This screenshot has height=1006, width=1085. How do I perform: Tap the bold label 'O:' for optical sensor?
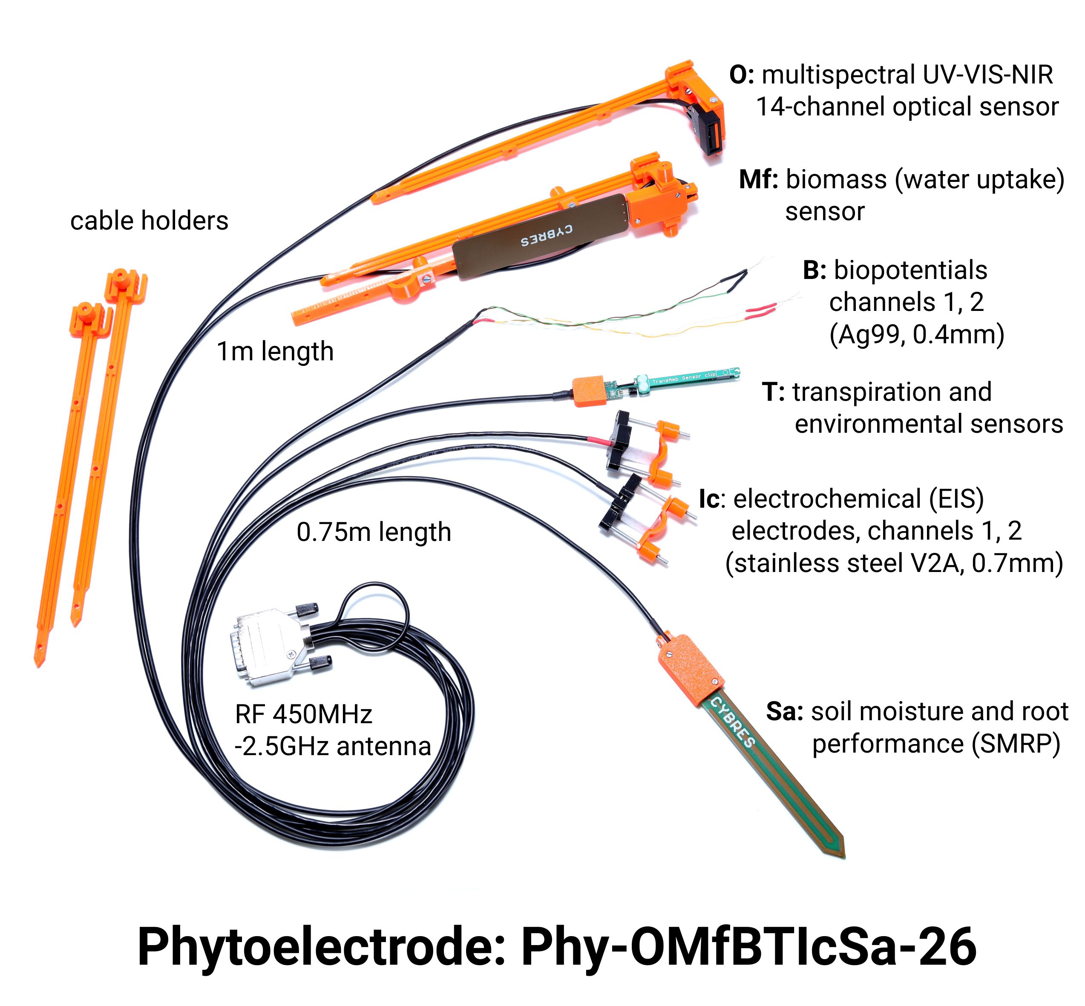point(742,75)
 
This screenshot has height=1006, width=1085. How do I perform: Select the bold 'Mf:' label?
point(758,179)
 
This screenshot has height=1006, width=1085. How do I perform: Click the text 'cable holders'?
point(149,221)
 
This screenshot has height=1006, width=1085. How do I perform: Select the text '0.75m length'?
point(374,532)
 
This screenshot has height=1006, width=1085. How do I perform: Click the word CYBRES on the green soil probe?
point(733,722)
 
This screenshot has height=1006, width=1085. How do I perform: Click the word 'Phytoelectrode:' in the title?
point(322,947)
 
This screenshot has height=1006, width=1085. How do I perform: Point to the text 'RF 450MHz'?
point(303,714)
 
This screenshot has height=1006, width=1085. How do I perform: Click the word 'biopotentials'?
point(910,270)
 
